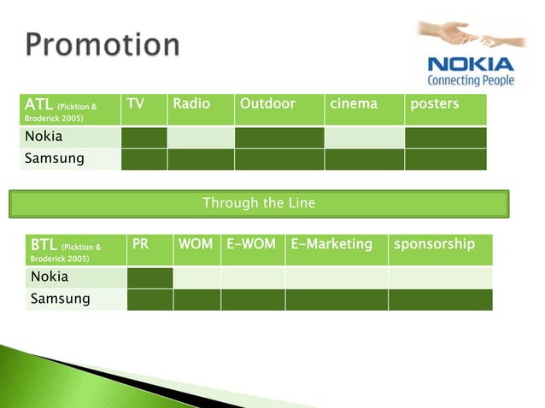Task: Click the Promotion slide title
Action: (102, 44)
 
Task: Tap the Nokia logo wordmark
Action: (471, 64)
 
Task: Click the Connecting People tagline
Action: (471, 80)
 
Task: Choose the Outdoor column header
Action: (267, 104)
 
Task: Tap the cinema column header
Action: (354, 104)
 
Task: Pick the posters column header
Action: (435, 104)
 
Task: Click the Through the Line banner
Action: (259, 203)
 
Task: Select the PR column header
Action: (141, 244)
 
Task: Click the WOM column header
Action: (196, 244)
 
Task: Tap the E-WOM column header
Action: (251, 244)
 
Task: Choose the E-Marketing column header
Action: (331, 244)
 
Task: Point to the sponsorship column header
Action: (435, 244)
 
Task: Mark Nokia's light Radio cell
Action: (200, 137)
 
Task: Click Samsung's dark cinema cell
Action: (364, 160)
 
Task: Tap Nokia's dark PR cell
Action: (149, 277)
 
